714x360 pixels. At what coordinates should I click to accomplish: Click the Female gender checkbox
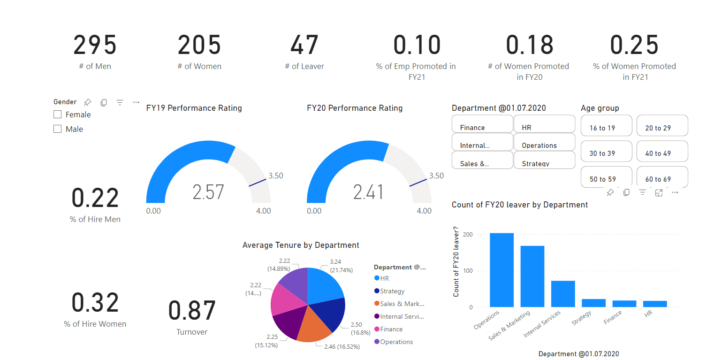pyautogui.click(x=58, y=115)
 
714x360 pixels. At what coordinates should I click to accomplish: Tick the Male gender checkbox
pyautogui.click(x=58, y=129)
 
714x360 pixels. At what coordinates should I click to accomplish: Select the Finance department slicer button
pyautogui.click(x=482, y=124)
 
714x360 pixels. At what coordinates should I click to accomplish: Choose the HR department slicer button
pyautogui.click(x=544, y=124)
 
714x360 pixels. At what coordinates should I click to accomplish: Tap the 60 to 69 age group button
pyautogui.click(x=662, y=177)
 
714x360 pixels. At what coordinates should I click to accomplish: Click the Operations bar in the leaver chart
pyautogui.click(x=501, y=270)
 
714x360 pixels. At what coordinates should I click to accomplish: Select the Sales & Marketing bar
pyautogui.click(x=532, y=276)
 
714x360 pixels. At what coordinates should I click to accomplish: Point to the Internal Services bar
pyautogui.click(x=563, y=294)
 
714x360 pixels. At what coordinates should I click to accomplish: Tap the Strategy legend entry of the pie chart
pyautogui.click(x=392, y=291)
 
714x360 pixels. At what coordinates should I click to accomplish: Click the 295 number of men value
pyautogui.click(x=95, y=46)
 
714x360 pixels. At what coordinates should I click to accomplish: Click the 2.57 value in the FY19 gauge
pyautogui.click(x=208, y=192)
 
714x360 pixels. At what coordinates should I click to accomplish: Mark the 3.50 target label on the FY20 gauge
pyautogui.click(x=436, y=176)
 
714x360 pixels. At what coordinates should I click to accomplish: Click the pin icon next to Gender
pyautogui.click(x=87, y=102)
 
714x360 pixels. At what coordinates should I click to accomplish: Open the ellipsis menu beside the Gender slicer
pyautogui.click(x=136, y=102)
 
